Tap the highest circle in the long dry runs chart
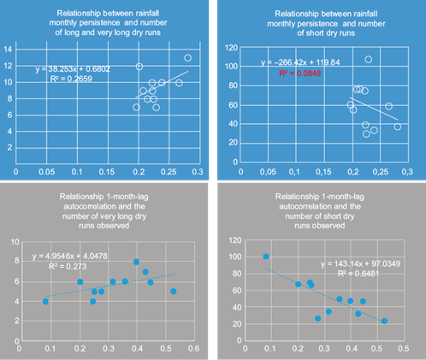coord(187,58)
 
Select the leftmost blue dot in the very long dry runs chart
coord(45,302)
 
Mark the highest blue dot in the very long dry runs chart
coord(136,263)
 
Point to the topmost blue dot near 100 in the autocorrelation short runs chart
coord(266,257)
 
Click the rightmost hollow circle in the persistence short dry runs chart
coord(397,127)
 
